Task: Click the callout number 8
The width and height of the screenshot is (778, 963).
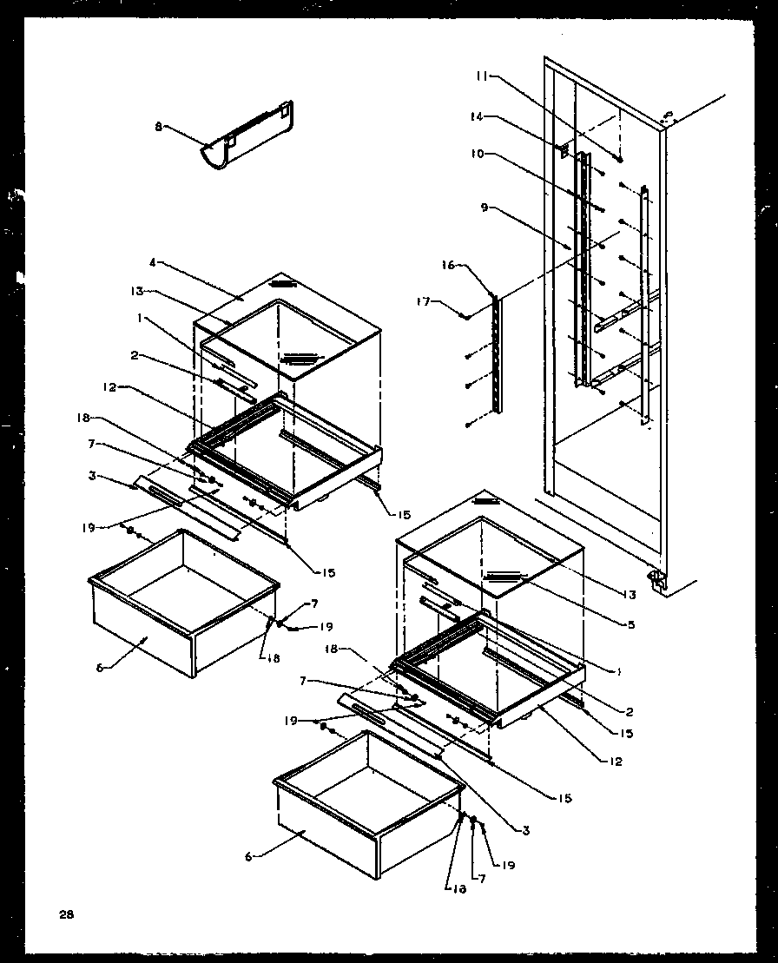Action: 158,127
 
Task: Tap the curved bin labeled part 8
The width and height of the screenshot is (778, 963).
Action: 247,137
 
